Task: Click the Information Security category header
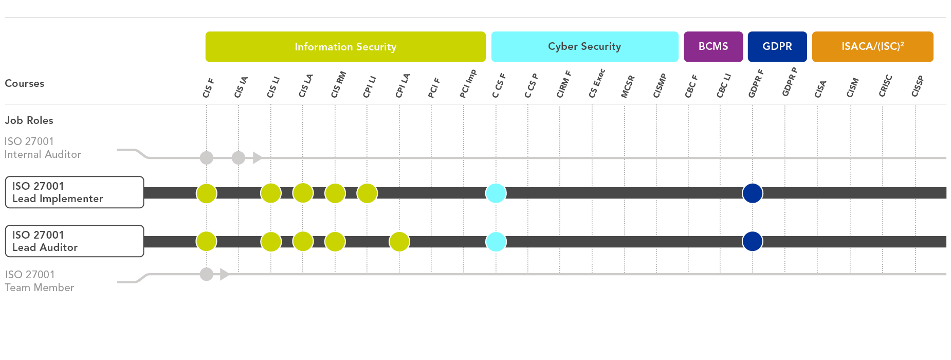(345, 47)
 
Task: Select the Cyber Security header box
(585, 47)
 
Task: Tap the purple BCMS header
(714, 47)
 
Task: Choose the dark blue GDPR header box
(777, 47)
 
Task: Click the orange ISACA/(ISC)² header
(873, 47)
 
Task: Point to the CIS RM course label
(338, 85)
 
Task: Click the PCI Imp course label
(468, 84)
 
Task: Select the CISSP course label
(918, 86)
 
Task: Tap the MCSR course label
(628, 86)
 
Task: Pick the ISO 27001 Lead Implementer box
(75, 192)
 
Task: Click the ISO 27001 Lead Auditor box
(75, 241)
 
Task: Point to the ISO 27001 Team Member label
(40, 281)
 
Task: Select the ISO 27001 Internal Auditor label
(43, 148)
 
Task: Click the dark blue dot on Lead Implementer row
(753, 193)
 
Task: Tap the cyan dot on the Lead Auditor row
(496, 241)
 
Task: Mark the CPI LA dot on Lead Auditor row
(399, 241)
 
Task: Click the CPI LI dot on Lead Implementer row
(367, 193)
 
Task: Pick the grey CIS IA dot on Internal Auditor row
(239, 157)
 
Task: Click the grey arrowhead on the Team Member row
(224, 274)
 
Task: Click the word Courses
(25, 83)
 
